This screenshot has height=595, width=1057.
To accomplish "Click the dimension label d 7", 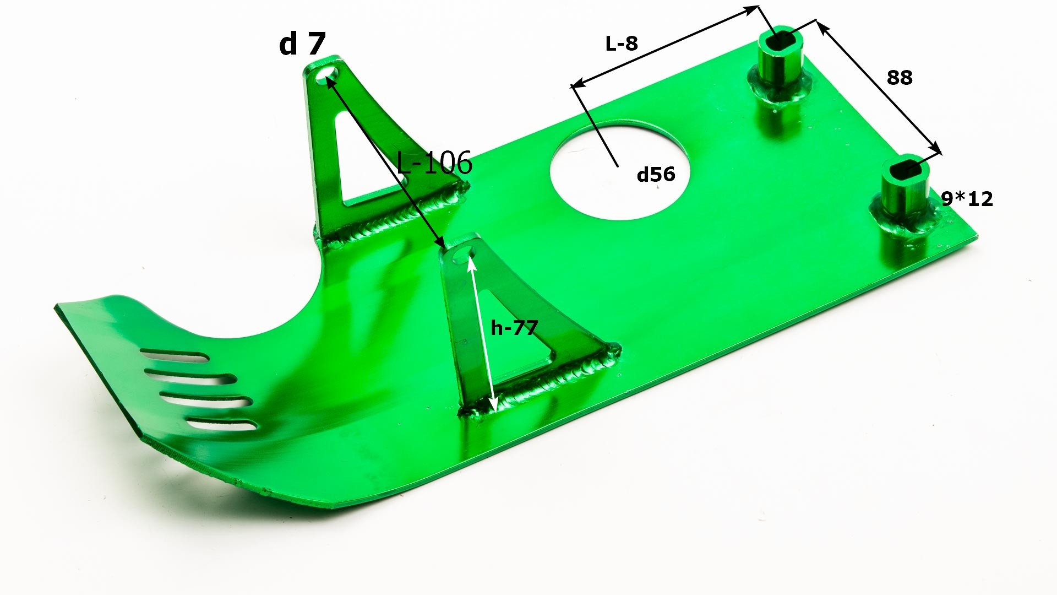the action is tap(302, 44).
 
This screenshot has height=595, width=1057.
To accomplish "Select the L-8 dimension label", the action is tap(622, 44).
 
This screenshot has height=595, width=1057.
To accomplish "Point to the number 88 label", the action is tap(900, 78).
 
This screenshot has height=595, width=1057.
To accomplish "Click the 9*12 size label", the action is tap(967, 199).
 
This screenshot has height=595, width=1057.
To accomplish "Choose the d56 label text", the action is tap(656, 175).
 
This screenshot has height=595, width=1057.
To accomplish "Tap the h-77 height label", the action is tap(514, 328).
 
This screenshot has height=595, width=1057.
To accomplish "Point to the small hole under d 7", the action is tap(328, 75).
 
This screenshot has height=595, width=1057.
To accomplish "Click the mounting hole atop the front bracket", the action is tap(464, 253).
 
